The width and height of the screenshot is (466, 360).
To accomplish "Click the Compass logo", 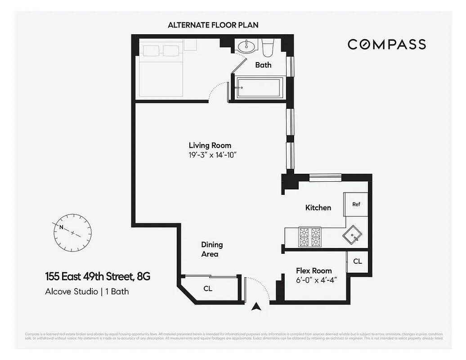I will click(x=386, y=44).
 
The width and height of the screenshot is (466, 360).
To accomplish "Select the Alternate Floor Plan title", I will click(x=213, y=25).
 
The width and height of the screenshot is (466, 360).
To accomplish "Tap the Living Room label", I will click(x=210, y=145).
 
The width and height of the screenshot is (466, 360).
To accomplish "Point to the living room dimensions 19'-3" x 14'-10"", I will click(x=212, y=155).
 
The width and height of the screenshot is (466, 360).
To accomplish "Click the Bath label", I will click(x=263, y=65).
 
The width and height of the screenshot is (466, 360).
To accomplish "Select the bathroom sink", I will click(x=246, y=46).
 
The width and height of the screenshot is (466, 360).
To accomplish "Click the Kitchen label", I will click(x=318, y=207).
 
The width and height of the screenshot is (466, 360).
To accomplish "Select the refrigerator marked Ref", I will click(x=356, y=204).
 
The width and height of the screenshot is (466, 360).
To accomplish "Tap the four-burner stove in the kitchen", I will click(x=310, y=238).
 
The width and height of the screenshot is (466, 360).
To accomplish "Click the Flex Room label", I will click(x=314, y=270).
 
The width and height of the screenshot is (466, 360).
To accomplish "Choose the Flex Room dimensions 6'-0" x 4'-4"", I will click(x=317, y=279).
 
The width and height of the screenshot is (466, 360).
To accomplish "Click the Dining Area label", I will click(x=211, y=249).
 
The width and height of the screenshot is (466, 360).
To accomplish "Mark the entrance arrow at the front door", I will click(x=256, y=307).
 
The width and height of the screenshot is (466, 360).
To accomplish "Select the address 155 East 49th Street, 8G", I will click(x=98, y=276).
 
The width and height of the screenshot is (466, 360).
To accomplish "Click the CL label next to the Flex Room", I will click(x=357, y=261).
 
